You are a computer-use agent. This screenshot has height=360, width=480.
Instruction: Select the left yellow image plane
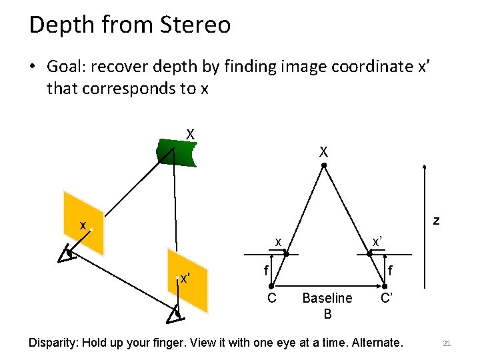(x=83, y=223)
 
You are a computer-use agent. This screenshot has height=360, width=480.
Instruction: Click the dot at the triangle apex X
(x=323, y=165)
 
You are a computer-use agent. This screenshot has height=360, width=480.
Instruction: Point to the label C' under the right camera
(x=387, y=297)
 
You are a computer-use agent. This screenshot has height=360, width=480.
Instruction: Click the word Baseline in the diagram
(x=327, y=298)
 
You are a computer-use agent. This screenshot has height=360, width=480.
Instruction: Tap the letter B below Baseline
(x=327, y=314)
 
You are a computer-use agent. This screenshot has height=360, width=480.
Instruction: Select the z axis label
(x=435, y=221)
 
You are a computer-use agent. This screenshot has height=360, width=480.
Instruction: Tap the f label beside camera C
(x=265, y=271)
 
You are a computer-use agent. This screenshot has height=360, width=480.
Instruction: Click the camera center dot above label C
(x=271, y=285)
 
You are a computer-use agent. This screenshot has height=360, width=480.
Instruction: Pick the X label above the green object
(x=190, y=135)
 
